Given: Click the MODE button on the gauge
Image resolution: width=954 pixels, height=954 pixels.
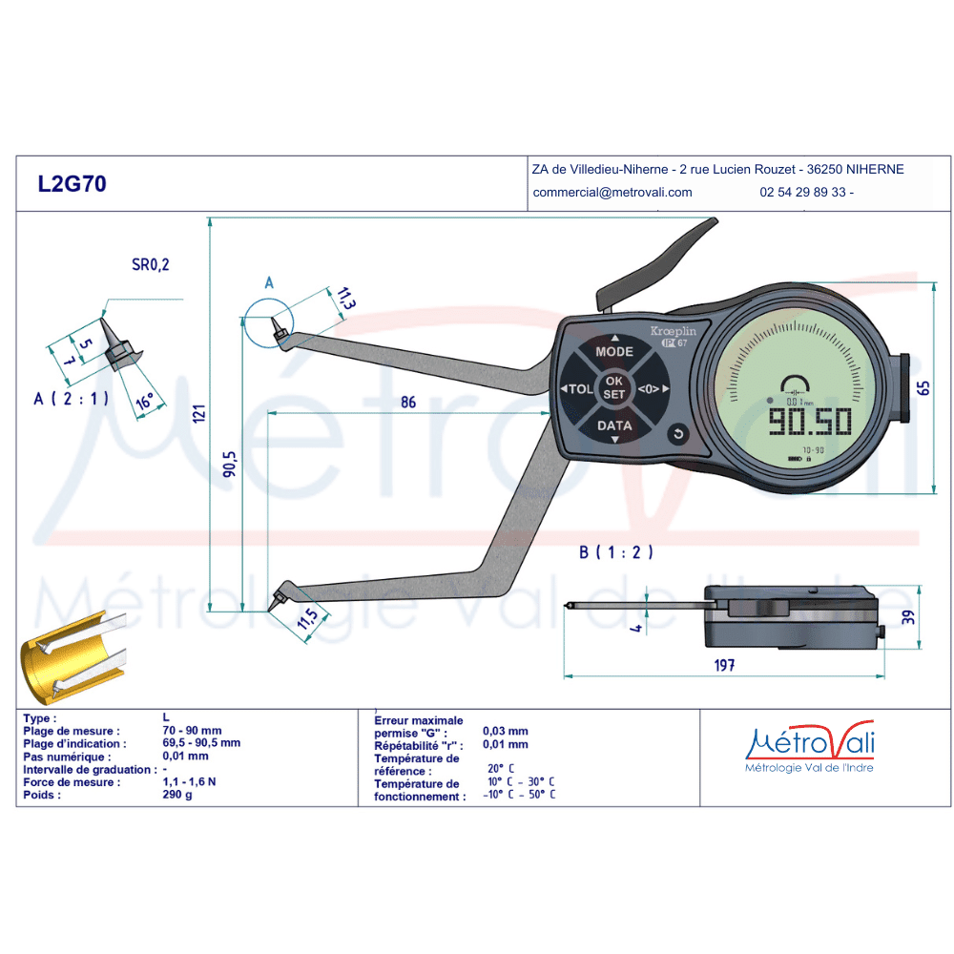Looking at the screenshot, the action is coord(614,351).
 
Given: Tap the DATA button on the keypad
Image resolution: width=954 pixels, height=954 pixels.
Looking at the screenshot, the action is coord(614,425).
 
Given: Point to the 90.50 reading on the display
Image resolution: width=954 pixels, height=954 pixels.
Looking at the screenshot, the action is coord(810,421).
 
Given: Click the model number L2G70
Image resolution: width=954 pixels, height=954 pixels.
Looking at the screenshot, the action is coord(72,184).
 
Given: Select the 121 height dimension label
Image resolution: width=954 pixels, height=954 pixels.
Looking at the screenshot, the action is coord(199,414).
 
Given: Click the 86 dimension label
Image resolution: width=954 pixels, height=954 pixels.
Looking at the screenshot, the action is coord(408,403).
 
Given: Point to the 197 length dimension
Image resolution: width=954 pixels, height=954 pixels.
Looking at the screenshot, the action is coord(724,665).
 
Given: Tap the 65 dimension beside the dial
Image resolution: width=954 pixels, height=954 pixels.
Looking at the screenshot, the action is coord(923,388).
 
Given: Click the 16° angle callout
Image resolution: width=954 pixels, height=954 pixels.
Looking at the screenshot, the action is coord(144,402).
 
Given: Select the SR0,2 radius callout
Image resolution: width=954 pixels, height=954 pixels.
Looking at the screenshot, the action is coord(151,264).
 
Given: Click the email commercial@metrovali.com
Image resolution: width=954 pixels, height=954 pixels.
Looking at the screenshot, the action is coord(612,193).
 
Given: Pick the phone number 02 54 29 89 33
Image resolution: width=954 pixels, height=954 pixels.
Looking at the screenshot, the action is coord(802,193).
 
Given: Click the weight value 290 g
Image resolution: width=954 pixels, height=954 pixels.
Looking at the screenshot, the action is coord(177,795).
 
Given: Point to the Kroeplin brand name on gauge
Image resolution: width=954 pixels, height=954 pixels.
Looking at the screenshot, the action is coord(673,331).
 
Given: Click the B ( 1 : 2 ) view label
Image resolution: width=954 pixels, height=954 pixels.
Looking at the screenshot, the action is coord(615,551).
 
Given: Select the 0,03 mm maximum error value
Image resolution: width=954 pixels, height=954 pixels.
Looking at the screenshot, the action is coord(505,731).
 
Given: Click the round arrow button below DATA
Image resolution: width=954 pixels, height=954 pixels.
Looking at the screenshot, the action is coord(677,434).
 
